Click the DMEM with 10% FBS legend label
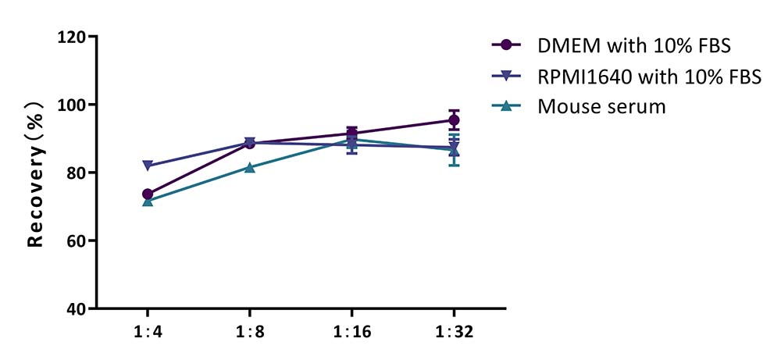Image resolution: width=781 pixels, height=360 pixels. click(633, 46)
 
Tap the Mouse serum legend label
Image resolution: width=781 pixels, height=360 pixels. click(601, 106)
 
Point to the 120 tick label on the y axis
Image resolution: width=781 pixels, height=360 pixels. click(71, 37)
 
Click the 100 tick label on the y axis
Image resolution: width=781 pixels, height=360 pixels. click(71, 105)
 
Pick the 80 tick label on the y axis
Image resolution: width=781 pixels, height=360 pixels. click(76, 173)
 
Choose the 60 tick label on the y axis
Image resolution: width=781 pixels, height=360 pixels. click(76, 241)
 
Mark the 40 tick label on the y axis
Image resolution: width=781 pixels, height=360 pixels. click(76, 308)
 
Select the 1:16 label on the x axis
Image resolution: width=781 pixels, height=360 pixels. click(351, 332)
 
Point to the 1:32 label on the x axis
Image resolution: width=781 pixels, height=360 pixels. click(454, 332)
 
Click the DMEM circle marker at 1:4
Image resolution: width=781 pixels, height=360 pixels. click(148, 194)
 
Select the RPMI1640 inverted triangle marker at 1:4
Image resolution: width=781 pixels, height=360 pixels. click(148, 166)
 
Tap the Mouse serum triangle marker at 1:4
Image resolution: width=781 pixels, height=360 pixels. click(148, 201)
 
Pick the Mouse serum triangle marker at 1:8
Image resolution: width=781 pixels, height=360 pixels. click(250, 167)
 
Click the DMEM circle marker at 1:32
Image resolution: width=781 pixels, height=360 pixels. click(454, 120)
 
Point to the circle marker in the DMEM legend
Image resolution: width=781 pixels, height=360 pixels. click(507, 45)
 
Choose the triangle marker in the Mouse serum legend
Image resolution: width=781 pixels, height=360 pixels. click(507, 106)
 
